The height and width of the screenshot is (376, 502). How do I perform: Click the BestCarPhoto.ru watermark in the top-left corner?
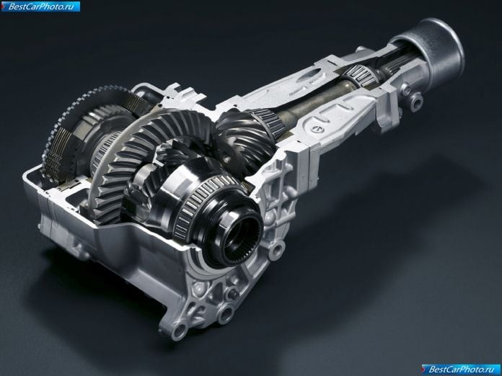click(x=40, y=6)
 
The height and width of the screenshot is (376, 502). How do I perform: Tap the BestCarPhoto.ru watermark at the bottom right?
click(x=460, y=370)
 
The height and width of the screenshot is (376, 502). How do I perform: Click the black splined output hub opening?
click(x=241, y=236)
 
